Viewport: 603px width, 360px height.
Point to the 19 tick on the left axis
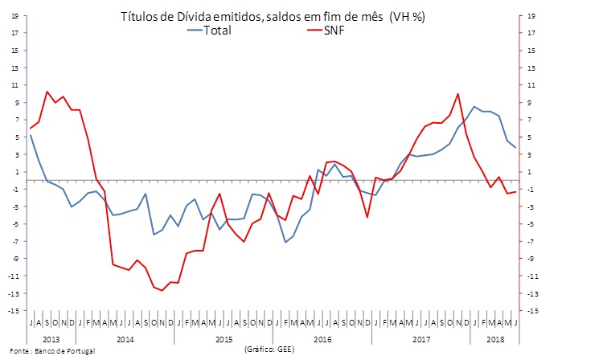(14, 15)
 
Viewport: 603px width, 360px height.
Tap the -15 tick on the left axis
(13, 310)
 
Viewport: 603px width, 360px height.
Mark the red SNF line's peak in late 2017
(457, 94)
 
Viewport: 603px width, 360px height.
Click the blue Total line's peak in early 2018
(474, 106)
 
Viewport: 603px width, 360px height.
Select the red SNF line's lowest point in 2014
(162, 290)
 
